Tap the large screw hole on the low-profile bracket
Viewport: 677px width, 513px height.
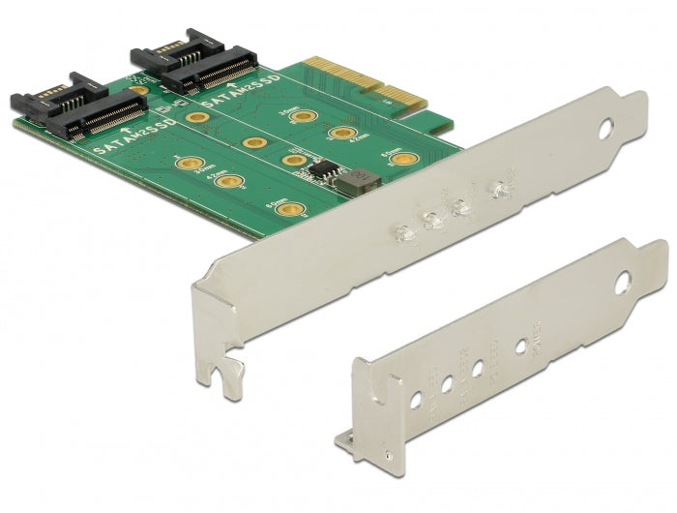click(623, 284)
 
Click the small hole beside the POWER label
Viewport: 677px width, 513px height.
click(523, 343)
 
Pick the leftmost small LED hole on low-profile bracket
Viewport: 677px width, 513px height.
click(416, 397)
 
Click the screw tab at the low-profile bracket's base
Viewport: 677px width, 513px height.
click(354, 441)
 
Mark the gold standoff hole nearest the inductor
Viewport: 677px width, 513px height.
click(406, 158)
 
